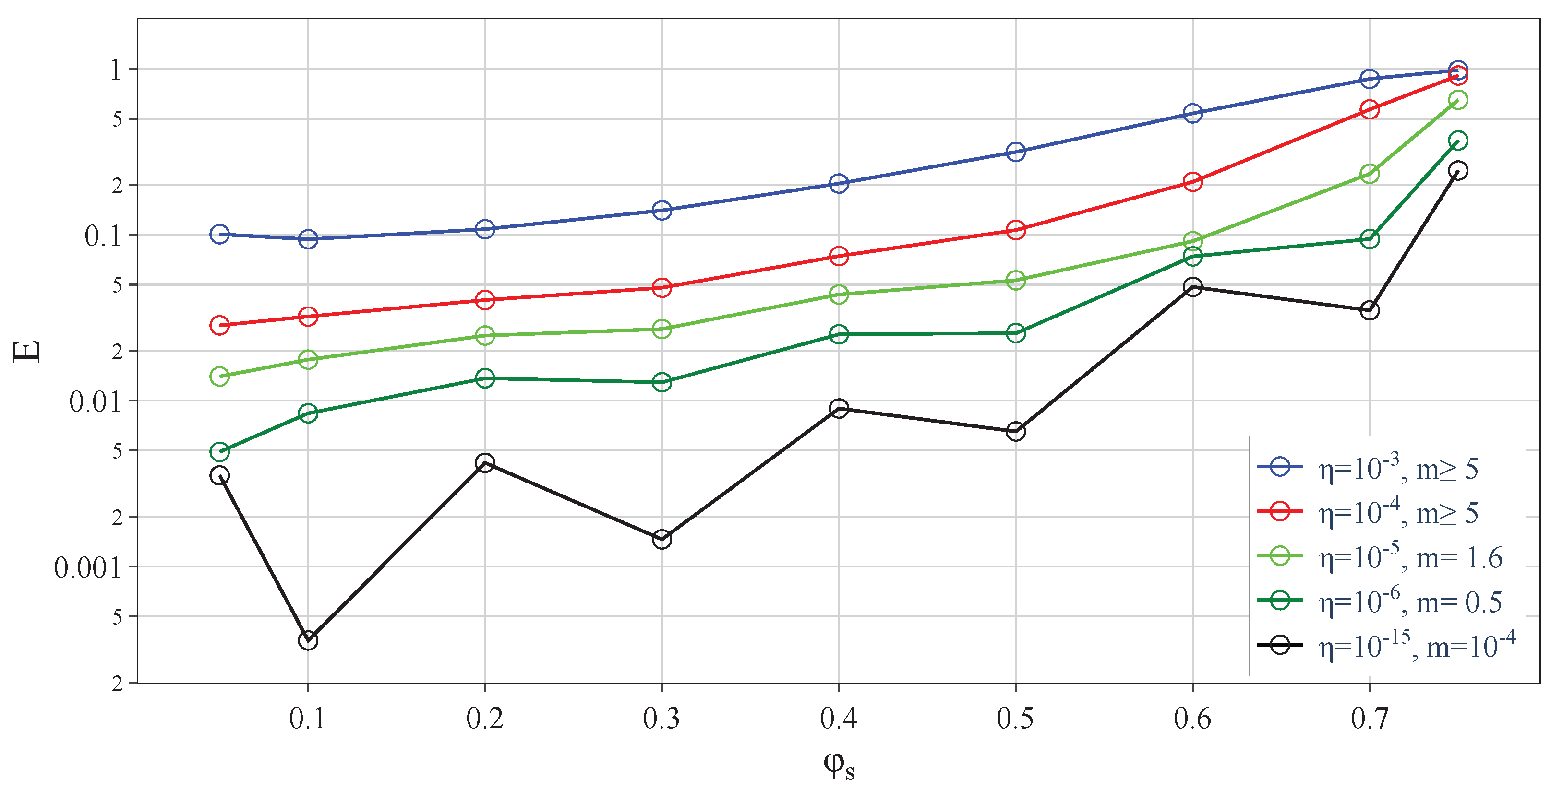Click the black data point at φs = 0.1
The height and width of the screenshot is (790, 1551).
(308, 640)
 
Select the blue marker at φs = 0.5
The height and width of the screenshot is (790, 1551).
(1016, 152)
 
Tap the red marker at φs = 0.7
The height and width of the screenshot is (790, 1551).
(1370, 109)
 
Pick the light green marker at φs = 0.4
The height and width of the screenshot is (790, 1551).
(839, 294)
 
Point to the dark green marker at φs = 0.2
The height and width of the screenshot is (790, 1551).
(485, 378)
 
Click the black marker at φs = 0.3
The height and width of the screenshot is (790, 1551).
(661, 539)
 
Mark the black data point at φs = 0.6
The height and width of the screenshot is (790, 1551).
(1193, 286)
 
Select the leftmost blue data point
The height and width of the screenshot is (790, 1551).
(220, 234)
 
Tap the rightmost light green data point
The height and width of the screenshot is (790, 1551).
(1458, 100)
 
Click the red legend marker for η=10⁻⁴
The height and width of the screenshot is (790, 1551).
(1280, 511)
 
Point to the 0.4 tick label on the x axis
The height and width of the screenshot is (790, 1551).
(839, 719)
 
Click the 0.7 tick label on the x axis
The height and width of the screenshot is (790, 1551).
(1370, 719)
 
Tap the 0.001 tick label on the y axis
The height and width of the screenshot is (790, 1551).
(88, 568)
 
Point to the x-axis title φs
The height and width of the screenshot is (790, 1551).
(839, 765)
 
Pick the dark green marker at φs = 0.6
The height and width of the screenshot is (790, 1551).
(1193, 257)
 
